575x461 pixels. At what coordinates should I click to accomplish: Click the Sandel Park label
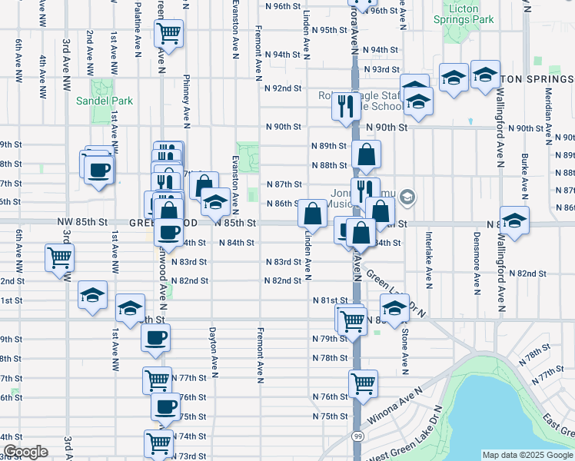[104, 101]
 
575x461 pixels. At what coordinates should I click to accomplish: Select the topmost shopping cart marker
[168, 34]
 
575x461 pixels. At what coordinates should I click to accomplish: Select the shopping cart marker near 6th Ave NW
[59, 257]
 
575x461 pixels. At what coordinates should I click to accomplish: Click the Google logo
[25, 452]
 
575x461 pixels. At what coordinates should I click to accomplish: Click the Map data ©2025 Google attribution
[527, 455]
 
